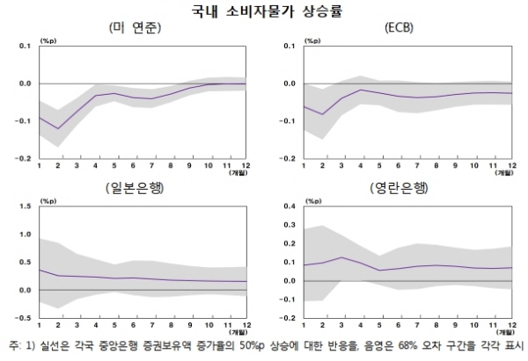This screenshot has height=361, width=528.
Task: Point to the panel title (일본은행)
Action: pyautogui.click(x=141, y=188)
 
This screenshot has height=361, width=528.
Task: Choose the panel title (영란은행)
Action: pyautogui.click(x=402, y=188)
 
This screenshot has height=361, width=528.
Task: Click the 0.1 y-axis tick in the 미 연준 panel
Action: pyautogui.click(x=23, y=46)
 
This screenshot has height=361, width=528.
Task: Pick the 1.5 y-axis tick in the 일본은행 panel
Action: pyautogui.click(x=23, y=206)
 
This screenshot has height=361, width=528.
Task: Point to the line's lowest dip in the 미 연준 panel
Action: pyautogui.click(x=59, y=128)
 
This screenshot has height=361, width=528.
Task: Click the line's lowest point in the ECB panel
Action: pyautogui.click(x=322, y=114)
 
